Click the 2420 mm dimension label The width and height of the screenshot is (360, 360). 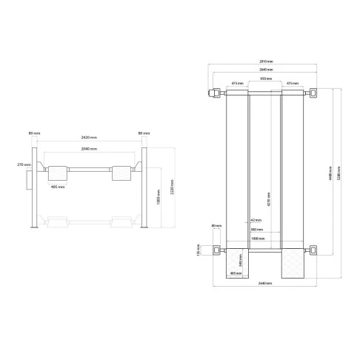tap(88, 139)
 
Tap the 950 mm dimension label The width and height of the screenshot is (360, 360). tap(265, 78)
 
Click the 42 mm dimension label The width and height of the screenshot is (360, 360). tap(256, 221)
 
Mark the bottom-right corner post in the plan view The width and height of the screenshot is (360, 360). tap(314, 251)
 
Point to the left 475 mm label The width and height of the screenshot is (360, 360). tap(238, 84)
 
